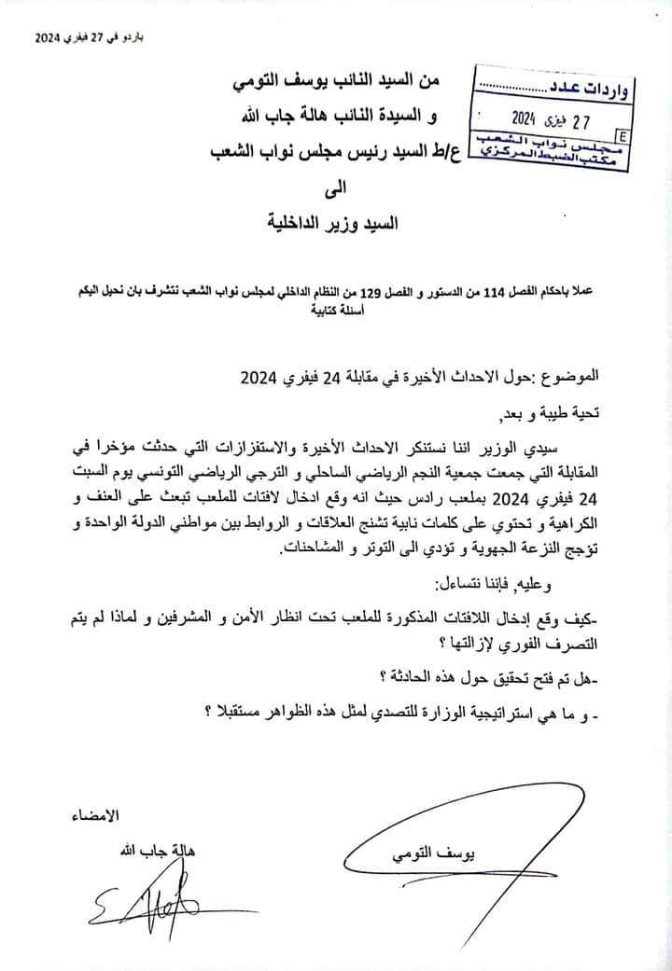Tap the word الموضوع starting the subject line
tap(567, 378)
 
